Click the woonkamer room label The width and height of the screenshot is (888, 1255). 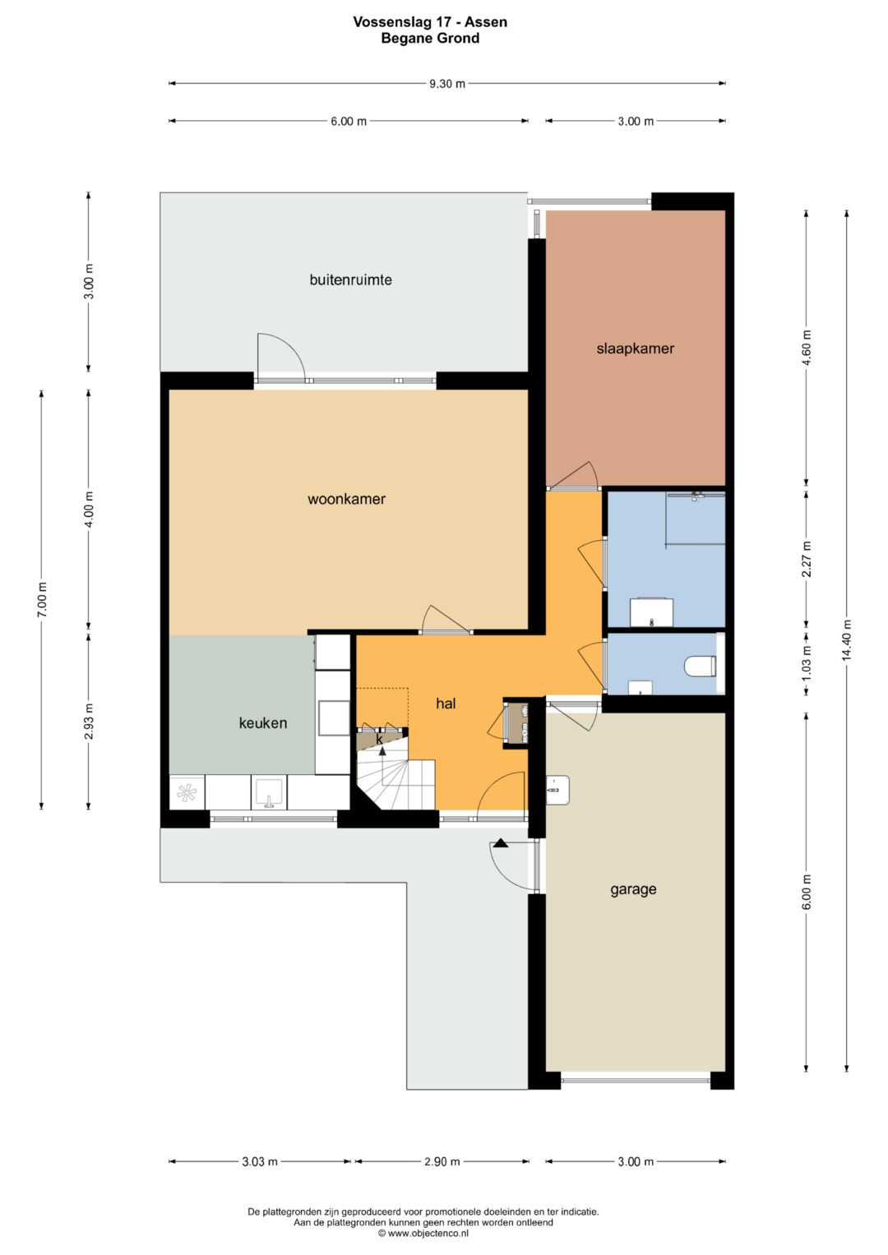tap(346, 499)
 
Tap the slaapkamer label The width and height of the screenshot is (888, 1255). tap(635, 349)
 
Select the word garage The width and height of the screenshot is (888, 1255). tap(633, 890)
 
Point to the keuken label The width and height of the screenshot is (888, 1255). tap(263, 722)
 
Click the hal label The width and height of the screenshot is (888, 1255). tap(446, 704)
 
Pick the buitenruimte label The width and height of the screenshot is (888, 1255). tap(350, 279)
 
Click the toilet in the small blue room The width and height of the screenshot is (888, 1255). tap(701, 666)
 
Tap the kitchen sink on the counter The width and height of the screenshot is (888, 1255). tap(269, 792)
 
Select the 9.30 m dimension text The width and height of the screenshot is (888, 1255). tap(446, 84)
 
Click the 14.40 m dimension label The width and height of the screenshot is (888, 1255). tap(846, 639)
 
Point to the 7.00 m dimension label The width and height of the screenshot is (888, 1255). tap(41, 599)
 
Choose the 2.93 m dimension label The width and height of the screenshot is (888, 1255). tap(89, 721)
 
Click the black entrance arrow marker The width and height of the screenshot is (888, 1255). tap(500, 842)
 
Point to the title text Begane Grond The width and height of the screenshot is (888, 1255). tap(430, 38)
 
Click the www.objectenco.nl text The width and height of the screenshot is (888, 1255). tap(428, 1233)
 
